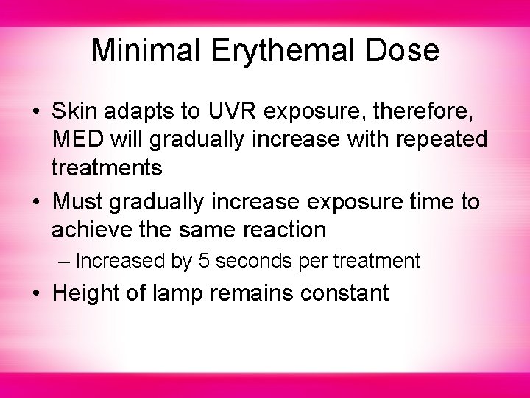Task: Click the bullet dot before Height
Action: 37,293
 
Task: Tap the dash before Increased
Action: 65,261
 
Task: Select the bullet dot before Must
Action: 37,202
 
